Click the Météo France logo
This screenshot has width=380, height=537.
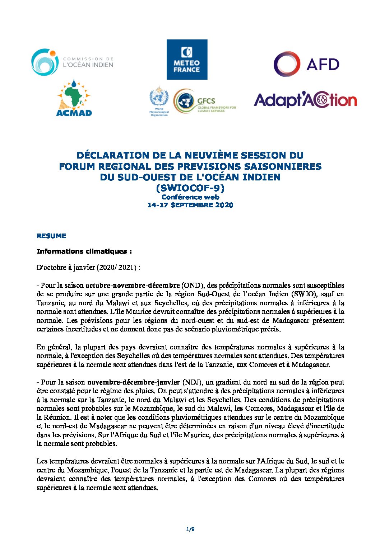pyautogui.click(x=187, y=60)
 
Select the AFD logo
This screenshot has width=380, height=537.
pyautogui.click(x=306, y=64)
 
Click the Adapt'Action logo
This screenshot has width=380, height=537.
pyautogui.click(x=305, y=100)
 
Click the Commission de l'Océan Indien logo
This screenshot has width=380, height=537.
pyautogui.click(x=72, y=62)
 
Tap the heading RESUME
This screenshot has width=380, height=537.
pyautogui.click(x=51, y=236)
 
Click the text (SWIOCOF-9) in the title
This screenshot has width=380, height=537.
pyautogui.click(x=190, y=188)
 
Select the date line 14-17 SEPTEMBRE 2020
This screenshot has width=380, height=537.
pyautogui.click(x=190, y=205)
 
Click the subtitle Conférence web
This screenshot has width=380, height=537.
pyautogui.click(x=190, y=197)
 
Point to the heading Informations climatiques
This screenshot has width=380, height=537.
pyautogui.click(x=84, y=251)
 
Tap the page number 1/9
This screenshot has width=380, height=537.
pyautogui.click(x=190, y=529)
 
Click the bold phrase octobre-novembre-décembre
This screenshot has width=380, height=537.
pyautogui.click(x=132, y=286)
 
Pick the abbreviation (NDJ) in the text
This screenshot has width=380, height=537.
pyautogui.click(x=193, y=382)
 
